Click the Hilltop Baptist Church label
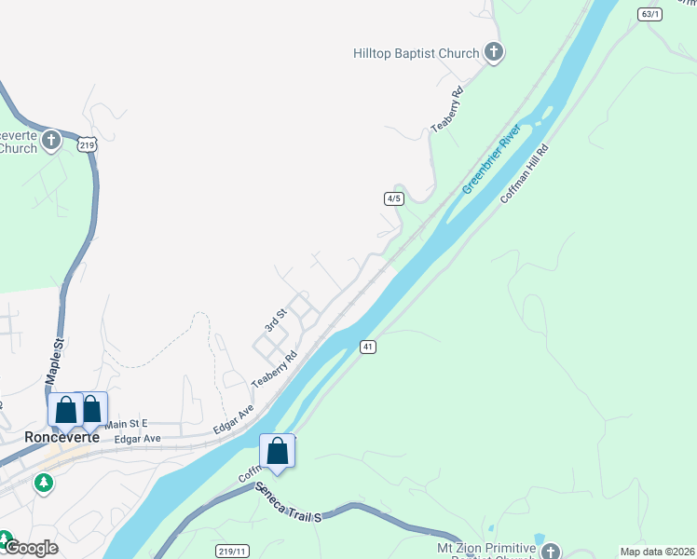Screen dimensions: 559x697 point(416,53)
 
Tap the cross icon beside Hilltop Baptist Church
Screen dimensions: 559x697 point(494,53)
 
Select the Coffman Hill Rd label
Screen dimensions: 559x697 point(525,173)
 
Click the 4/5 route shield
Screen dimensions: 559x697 point(393,198)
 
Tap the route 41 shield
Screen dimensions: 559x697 point(369,347)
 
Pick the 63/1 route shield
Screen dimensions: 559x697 point(650,14)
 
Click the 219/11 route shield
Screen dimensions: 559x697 point(231,551)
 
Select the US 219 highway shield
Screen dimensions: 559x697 point(88,144)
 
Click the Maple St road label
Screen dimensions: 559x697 point(54,362)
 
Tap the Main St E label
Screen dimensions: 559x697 point(127,424)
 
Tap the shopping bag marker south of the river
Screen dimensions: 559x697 point(277,451)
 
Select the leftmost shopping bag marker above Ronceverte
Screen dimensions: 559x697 point(65,409)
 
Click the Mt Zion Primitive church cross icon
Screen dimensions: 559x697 point(552,552)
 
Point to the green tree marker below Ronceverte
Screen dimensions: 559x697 point(43,483)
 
